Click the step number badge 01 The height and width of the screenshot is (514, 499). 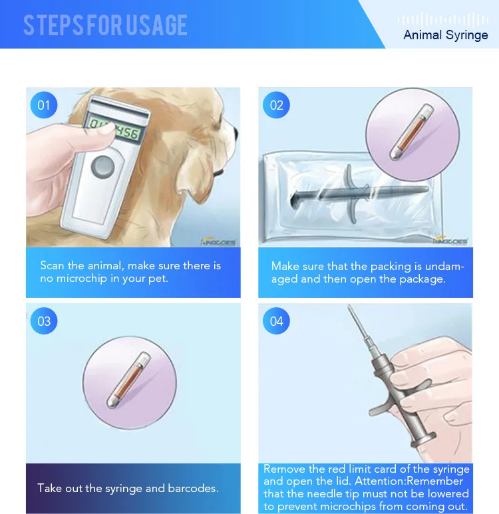(44, 105)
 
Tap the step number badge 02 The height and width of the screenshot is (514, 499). (276, 105)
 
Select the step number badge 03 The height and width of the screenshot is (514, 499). (44, 322)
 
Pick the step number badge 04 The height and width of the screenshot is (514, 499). (276, 322)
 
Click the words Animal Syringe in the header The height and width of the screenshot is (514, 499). (445, 35)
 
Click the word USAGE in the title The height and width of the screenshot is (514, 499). (152, 25)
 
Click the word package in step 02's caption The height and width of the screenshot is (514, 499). (420, 279)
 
